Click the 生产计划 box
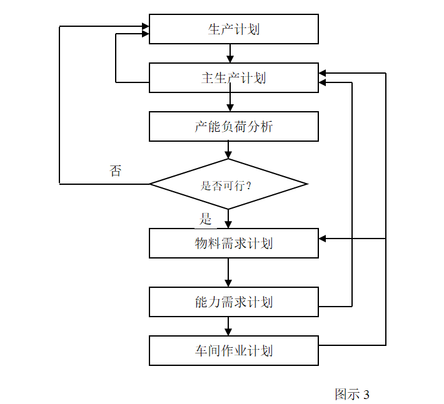click(x=233, y=29)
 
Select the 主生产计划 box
click(x=233, y=78)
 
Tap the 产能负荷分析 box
click(x=233, y=127)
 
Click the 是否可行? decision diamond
click(x=228, y=184)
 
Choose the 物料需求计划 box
click(x=233, y=243)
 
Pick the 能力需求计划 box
click(x=233, y=302)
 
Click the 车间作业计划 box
click(x=233, y=350)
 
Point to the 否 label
click(x=116, y=171)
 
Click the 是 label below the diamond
click(x=206, y=219)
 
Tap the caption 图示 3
click(x=352, y=395)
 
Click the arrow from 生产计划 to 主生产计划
click(x=230, y=54)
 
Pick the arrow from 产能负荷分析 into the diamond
click(x=228, y=150)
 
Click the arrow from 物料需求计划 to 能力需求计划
click(x=228, y=273)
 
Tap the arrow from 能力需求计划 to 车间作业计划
click(x=228, y=326)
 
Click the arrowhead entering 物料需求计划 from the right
click(x=323, y=239)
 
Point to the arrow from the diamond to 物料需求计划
click(x=228, y=219)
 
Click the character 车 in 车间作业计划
click(x=201, y=351)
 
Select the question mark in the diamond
click(x=249, y=185)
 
